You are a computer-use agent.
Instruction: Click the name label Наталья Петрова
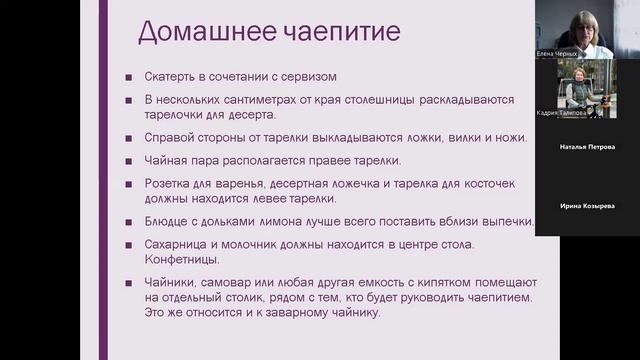587,147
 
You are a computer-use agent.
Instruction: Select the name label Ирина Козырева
587,205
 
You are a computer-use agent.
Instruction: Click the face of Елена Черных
585,22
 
